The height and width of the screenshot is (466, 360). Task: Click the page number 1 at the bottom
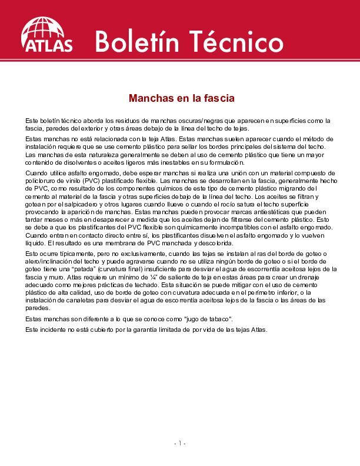(179, 442)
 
